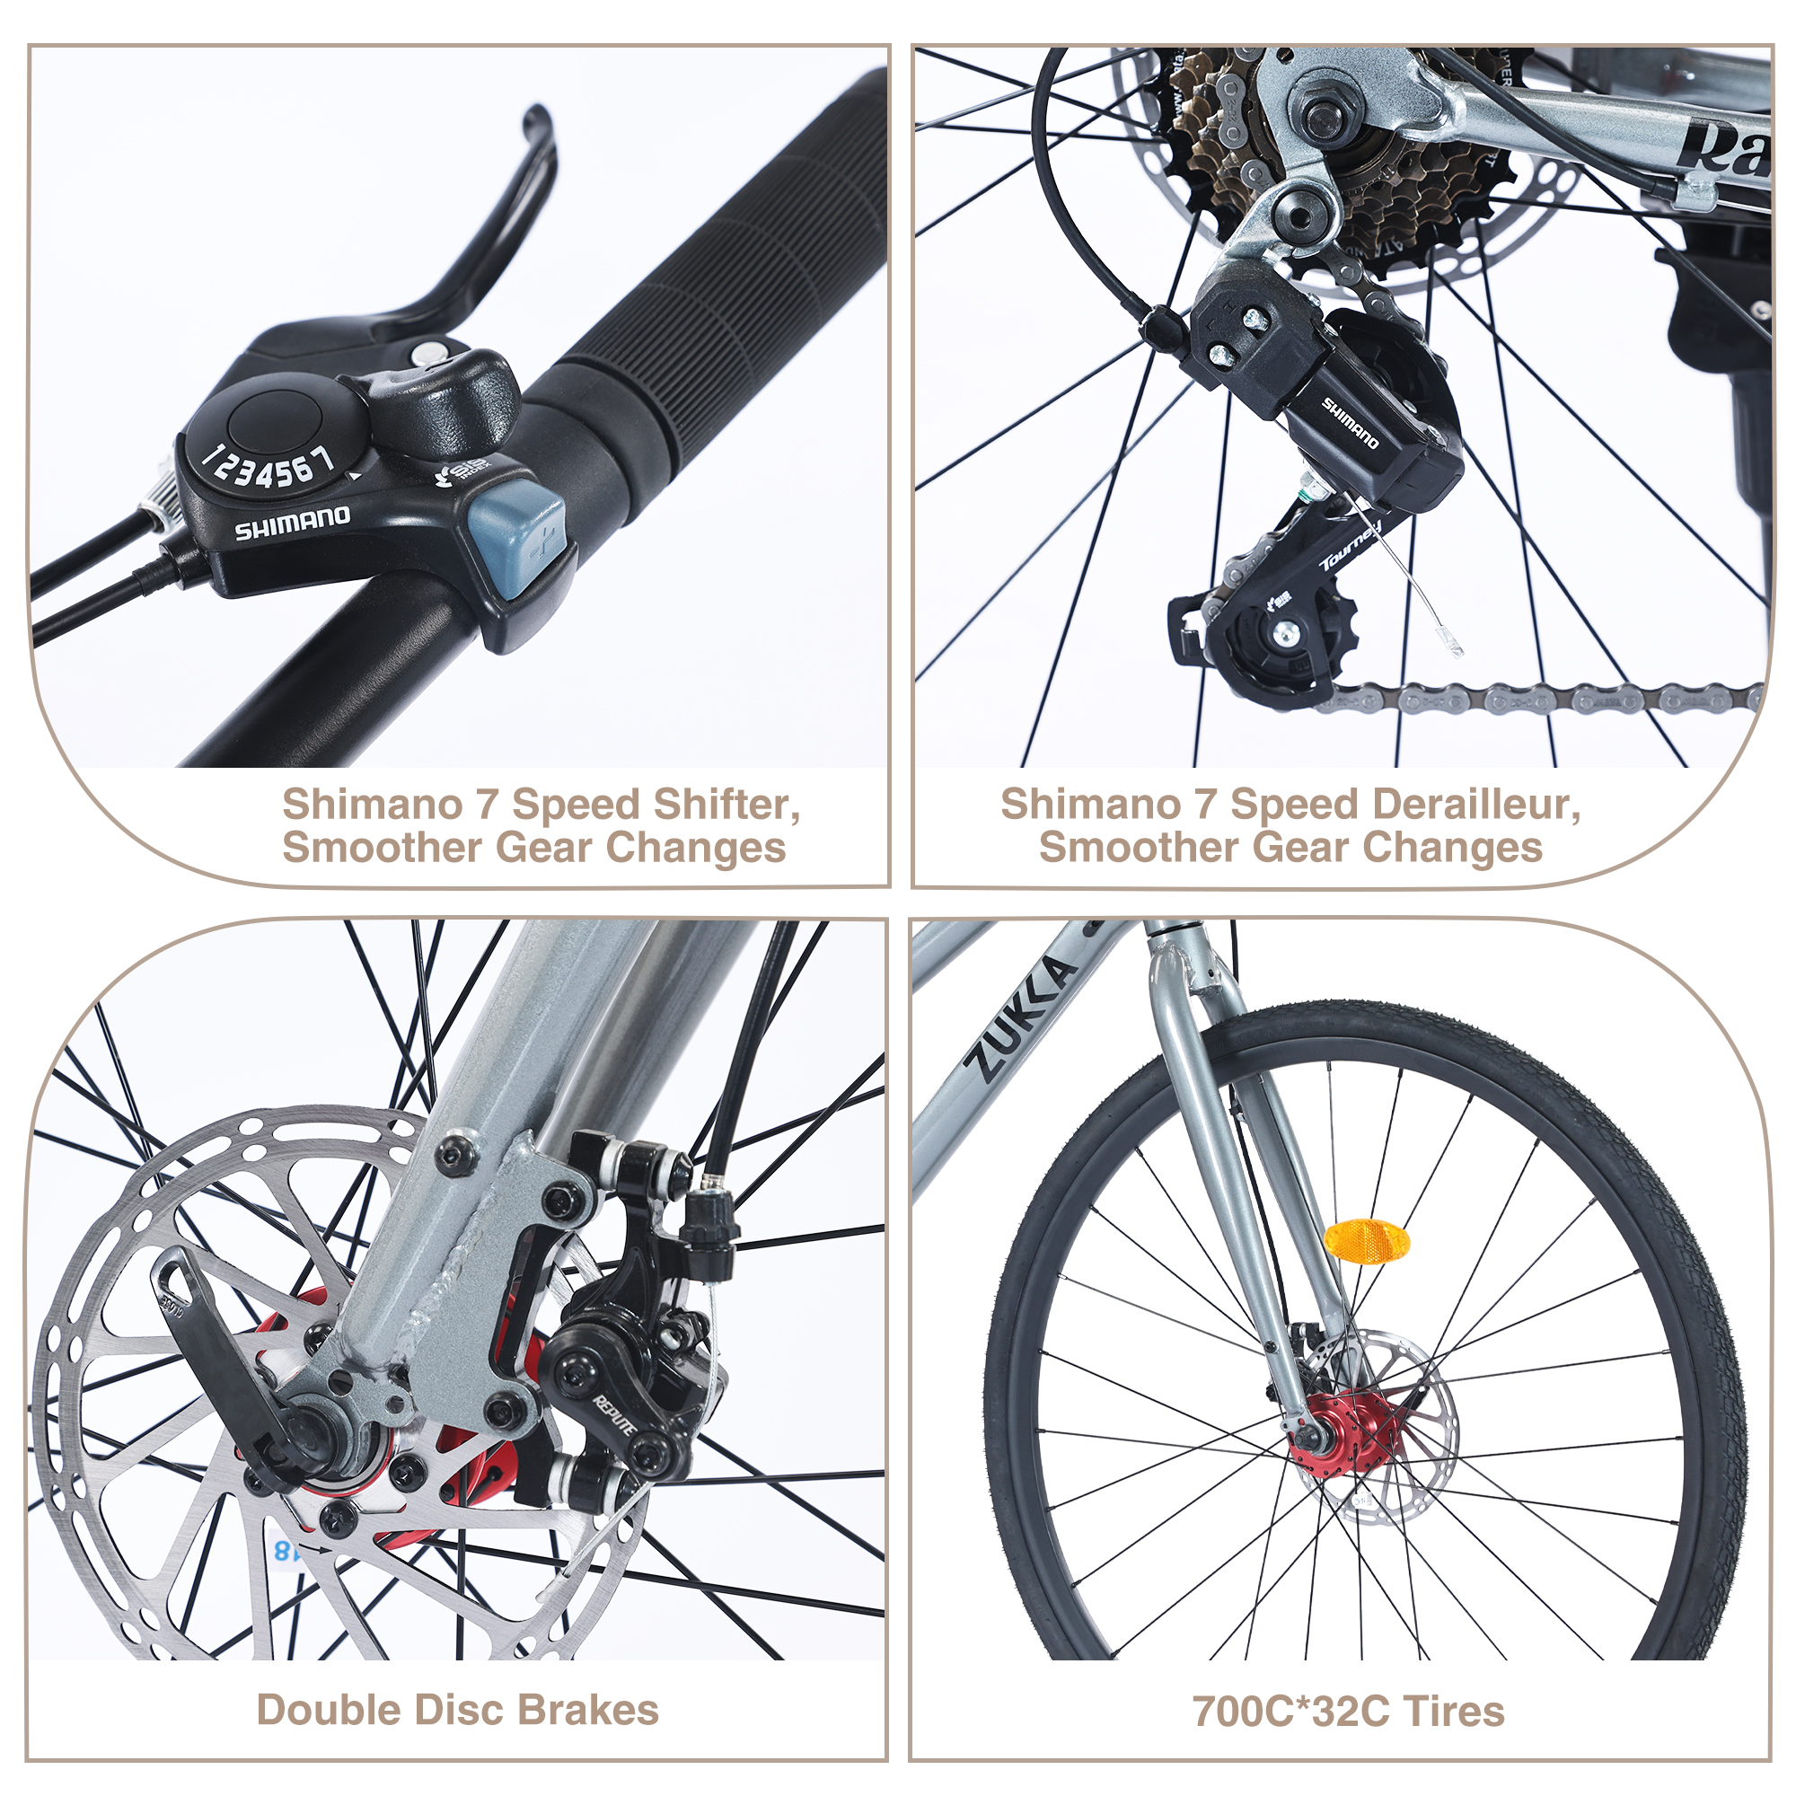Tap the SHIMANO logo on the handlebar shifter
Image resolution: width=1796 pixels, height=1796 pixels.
click(292, 524)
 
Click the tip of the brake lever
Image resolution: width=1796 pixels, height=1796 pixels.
click(536, 119)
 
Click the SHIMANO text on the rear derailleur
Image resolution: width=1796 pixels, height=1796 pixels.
click(1350, 423)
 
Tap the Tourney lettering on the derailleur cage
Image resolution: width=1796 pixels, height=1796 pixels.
click(1350, 548)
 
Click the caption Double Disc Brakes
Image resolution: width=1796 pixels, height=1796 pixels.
click(457, 1711)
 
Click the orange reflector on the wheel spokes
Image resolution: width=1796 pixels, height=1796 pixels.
click(1367, 1241)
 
